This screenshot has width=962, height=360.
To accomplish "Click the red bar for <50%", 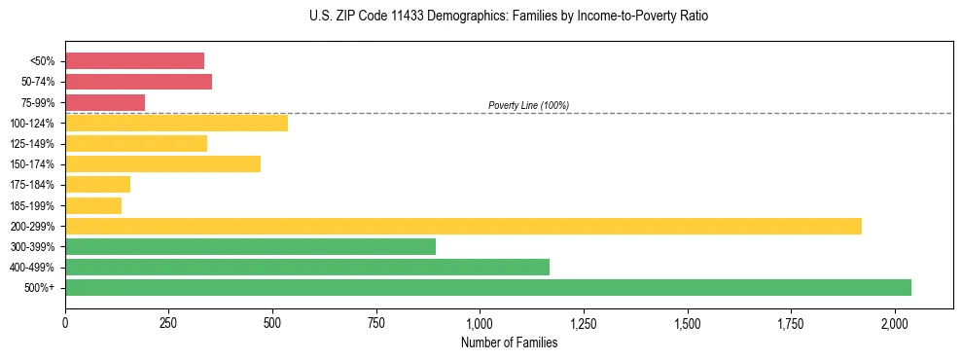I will (134, 61).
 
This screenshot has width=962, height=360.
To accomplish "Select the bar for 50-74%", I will (138, 82).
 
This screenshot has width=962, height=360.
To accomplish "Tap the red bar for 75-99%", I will (105, 102).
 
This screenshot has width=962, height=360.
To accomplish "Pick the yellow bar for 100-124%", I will (176, 123).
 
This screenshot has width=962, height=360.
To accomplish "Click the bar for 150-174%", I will (162, 163).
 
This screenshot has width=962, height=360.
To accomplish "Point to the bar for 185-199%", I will (93, 205).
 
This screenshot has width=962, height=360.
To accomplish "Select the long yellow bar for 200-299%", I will (463, 226).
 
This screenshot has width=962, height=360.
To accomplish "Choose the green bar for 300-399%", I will (250, 246).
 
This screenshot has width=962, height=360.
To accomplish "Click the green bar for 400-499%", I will (307, 267).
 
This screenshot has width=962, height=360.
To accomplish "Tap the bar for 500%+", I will (488, 287).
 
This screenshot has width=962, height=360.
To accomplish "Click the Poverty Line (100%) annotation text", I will (528, 105).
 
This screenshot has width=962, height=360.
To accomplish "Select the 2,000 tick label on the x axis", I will (895, 322).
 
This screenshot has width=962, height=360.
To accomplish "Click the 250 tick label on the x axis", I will (169, 322).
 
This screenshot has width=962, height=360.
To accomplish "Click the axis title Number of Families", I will (509, 342).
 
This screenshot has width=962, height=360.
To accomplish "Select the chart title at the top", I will (509, 17).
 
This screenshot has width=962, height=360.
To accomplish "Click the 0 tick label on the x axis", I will (65, 322).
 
